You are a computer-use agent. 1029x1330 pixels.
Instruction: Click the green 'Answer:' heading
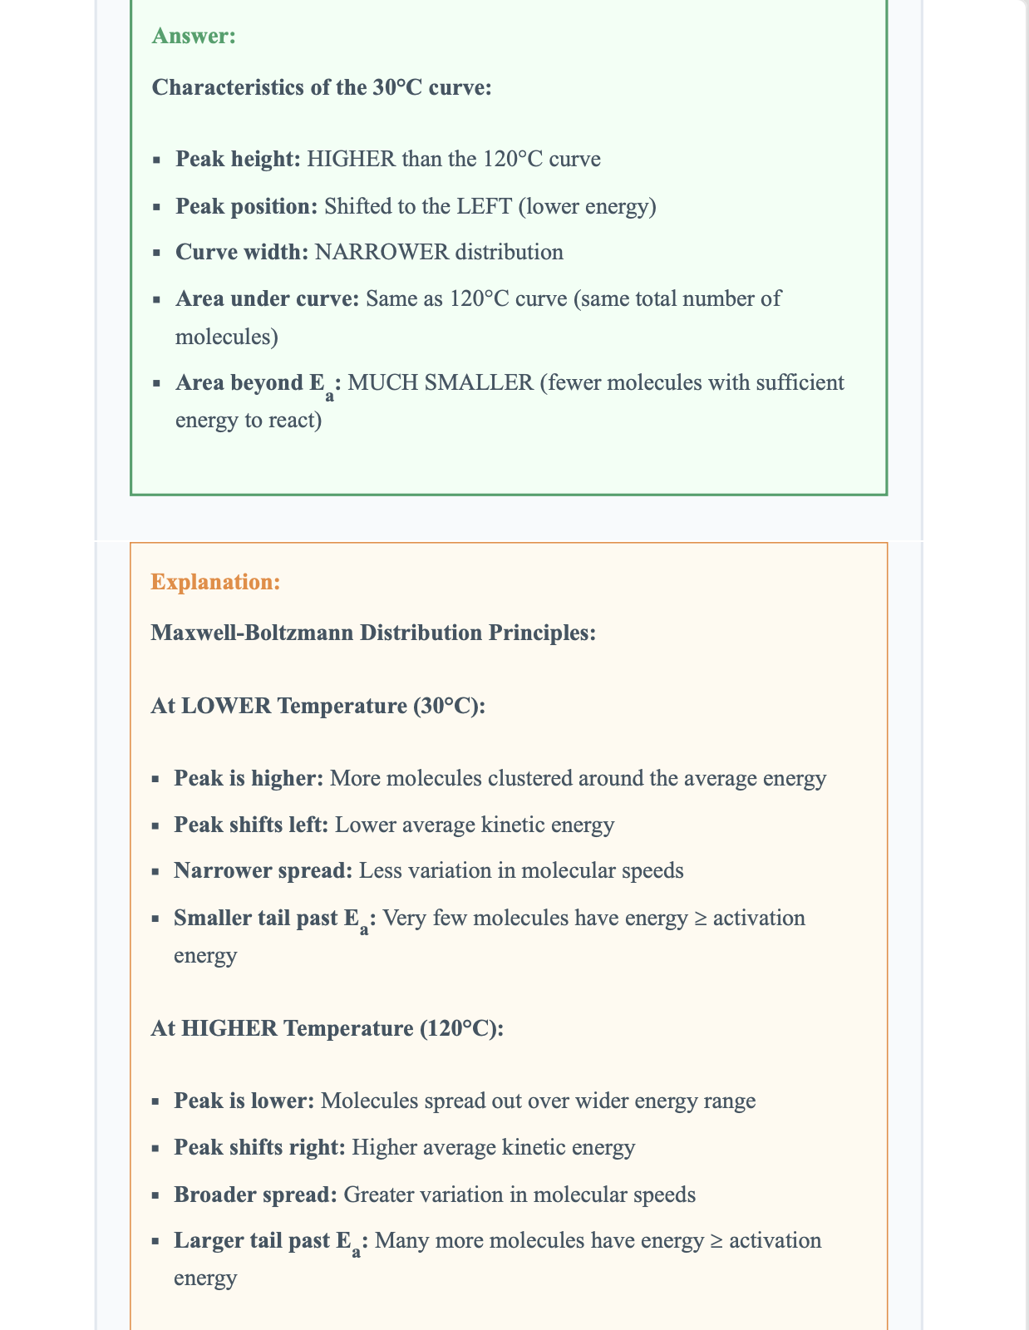point(194,36)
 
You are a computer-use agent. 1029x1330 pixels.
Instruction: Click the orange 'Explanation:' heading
point(215,582)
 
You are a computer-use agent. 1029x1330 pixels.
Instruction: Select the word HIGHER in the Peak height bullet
point(351,159)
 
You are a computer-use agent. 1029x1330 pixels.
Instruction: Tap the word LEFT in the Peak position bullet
point(485,206)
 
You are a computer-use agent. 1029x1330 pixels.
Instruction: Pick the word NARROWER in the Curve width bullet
point(382,252)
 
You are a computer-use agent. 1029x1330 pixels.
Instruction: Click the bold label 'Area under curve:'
point(267,298)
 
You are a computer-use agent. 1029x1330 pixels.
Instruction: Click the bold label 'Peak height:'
point(238,159)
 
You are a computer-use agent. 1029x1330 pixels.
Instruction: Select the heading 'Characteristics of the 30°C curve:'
point(322,87)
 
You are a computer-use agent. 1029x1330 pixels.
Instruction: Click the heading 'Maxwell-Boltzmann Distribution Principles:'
point(373,633)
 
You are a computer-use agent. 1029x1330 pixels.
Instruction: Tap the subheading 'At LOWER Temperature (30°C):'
point(318,706)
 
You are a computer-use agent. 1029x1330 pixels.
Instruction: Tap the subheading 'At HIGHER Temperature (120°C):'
point(327,1028)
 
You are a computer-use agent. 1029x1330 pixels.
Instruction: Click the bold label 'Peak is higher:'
point(249,778)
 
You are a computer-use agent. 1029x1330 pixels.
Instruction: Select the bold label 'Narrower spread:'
point(263,870)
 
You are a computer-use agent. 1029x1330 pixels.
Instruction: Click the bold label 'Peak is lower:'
point(244,1101)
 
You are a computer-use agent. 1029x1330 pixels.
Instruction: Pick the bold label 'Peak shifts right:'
point(259,1147)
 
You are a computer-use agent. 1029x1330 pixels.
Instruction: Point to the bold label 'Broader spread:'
point(255,1195)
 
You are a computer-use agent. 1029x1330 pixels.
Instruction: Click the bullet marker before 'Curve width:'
point(156,253)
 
